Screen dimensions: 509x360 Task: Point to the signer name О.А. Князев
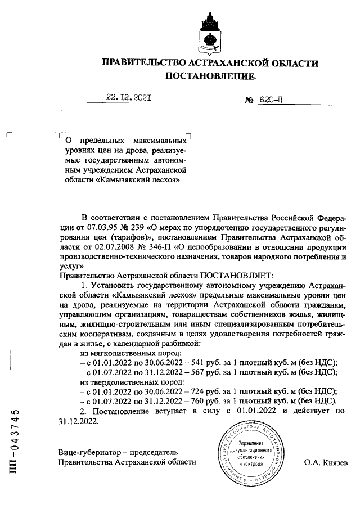tap(326, 462)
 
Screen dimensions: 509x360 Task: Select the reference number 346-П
tap(177, 247)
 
